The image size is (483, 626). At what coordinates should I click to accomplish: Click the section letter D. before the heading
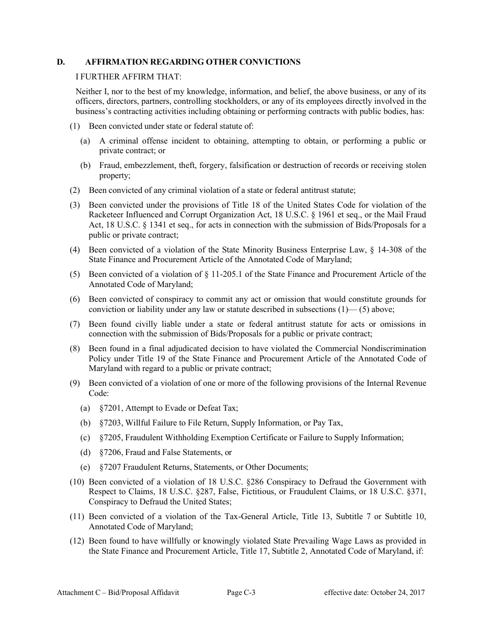tap(61, 62)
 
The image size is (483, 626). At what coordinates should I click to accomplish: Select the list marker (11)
tap(77, 517)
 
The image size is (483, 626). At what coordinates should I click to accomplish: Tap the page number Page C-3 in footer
tap(241, 592)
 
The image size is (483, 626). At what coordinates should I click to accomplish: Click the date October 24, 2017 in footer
tap(398, 592)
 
